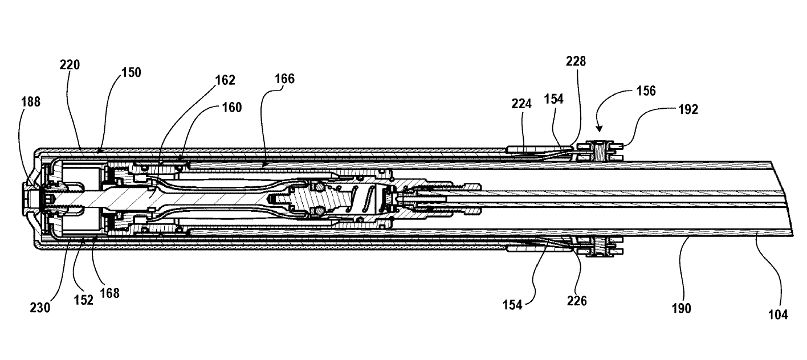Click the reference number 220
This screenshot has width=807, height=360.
click(70, 65)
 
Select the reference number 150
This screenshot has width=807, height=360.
click(131, 73)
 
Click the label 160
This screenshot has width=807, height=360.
click(230, 107)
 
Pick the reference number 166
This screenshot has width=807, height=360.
click(284, 79)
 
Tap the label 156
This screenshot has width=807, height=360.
click(644, 91)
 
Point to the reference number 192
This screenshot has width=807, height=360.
click(688, 110)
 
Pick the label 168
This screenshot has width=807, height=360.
click(109, 293)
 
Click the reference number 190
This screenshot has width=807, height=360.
click(681, 308)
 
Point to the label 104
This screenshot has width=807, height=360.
click(778, 314)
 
